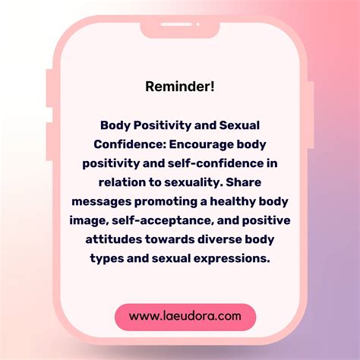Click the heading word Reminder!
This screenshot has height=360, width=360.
coord(180,87)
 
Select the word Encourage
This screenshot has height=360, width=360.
coord(201,145)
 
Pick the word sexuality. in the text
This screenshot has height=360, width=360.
coord(193,183)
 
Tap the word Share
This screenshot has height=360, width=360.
coord(243,182)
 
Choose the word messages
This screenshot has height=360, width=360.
coord(101,202)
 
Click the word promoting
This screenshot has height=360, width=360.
coord(166,202)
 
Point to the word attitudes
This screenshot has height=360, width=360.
coord(114,239)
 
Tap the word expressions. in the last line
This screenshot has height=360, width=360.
coord(232,259)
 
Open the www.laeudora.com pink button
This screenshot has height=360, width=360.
coord(185,317)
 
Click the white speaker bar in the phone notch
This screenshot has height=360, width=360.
coord(176,24)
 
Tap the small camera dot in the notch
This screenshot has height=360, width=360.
coord(198,24)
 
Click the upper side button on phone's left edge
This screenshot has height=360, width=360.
coord(49,88)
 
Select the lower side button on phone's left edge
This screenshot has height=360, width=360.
coord(49,141)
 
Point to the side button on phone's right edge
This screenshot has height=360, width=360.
coord(311,115)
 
